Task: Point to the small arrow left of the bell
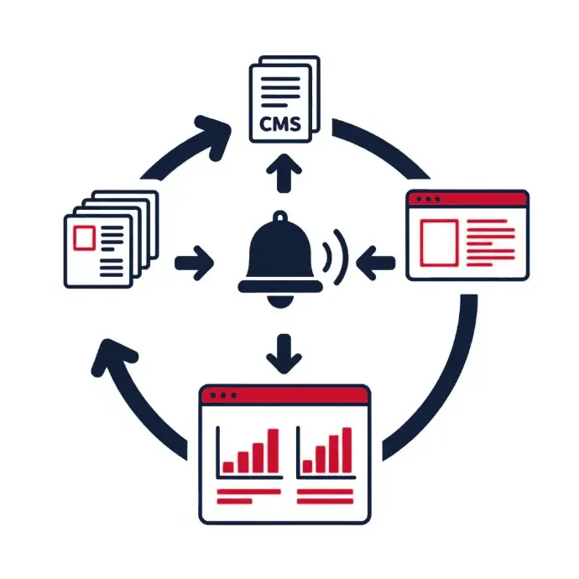click(195, 262)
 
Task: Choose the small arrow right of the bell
click(373, 262)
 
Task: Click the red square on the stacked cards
click(85, 237)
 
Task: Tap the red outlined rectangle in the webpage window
click(438, 242)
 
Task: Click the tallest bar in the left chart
click(272, 451)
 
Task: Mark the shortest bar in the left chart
click(228, 467)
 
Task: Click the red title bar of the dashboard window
click(284, 394)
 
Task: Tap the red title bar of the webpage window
click(467, 200)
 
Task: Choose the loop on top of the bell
click(282, 221)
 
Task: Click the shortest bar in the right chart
click(307, 466)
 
